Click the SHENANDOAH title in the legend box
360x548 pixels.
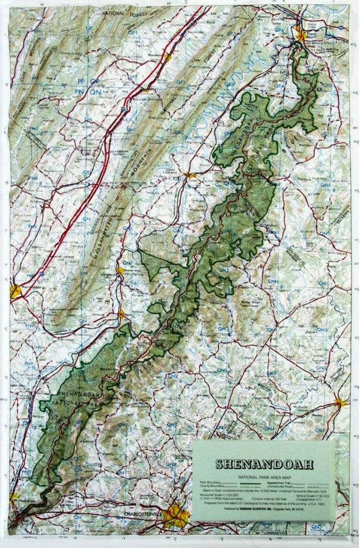tap(264, 465)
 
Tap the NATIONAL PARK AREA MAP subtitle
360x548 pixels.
tap(264, 475)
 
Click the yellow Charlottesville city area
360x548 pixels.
tap(177, 515)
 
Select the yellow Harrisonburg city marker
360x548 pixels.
tap(16, 292)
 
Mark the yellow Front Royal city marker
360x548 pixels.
tap(301, 36)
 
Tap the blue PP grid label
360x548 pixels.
tap(81, 81)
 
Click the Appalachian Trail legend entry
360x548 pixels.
tap(278, 482)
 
